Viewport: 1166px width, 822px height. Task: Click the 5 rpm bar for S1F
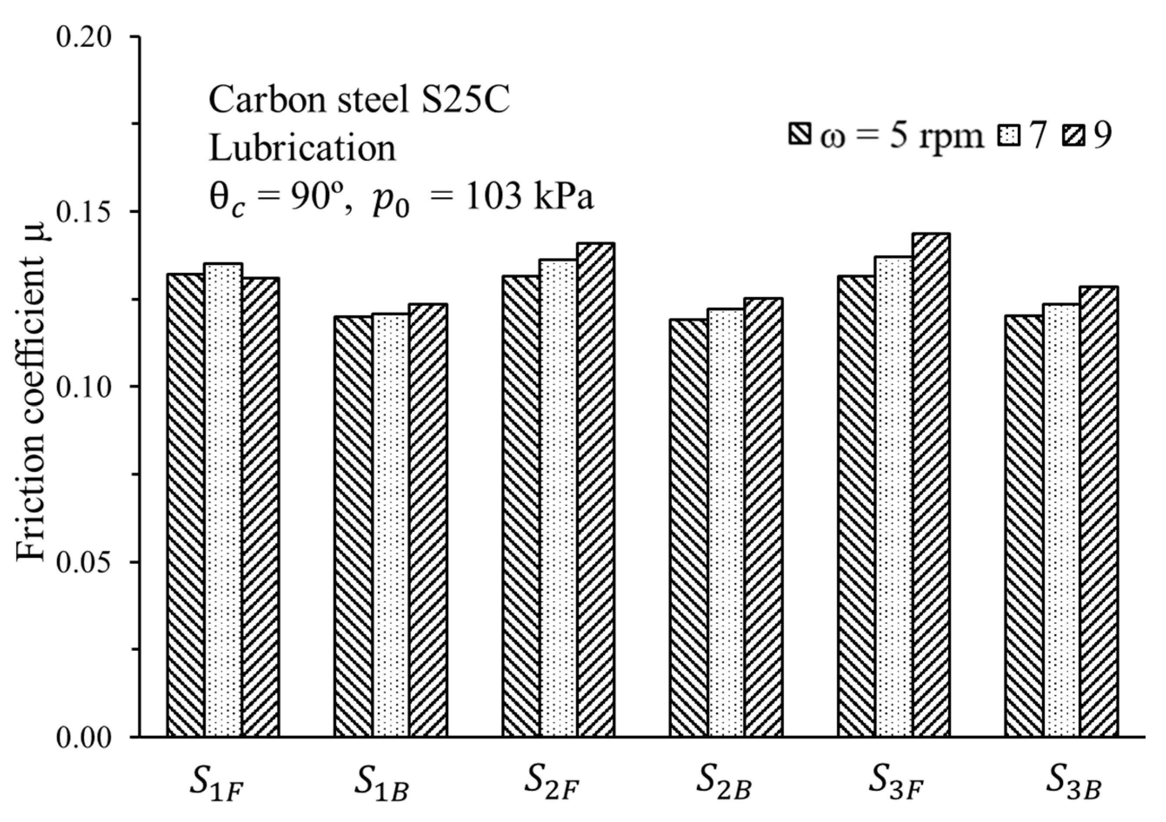[186, 505]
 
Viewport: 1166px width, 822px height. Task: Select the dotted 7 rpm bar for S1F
[223, 500]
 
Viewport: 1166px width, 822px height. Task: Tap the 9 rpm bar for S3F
[931, 485]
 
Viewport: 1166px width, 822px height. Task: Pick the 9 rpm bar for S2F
[596, 490]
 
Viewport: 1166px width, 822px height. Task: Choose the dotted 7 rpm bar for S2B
[726, 523]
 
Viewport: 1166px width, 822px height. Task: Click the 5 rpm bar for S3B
[1024, 526]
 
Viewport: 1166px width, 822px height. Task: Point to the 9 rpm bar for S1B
[428, 520]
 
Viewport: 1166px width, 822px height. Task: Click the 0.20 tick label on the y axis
[84, 37]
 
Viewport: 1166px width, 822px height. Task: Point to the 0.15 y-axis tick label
[84, 212]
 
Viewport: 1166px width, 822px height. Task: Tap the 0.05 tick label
[84, 563]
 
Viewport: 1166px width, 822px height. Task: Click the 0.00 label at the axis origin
[84, 738]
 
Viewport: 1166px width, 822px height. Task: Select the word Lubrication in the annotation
[302, 149]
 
